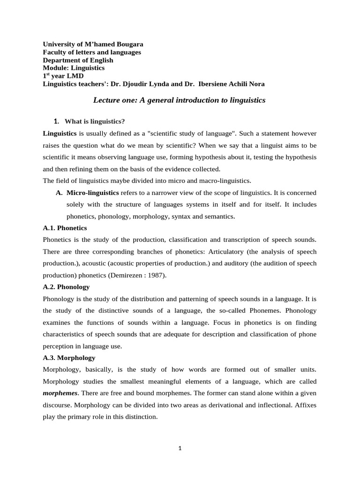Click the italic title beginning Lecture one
tap(180, 100)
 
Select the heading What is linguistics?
tap(95, 122)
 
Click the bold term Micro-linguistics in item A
tap(93, 193)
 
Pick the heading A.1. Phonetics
tap(65, 228)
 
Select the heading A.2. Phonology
tap(66, 286)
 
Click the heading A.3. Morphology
tap(69, 357)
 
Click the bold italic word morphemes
tap(60, 393)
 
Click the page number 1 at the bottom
tap(180, 448)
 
